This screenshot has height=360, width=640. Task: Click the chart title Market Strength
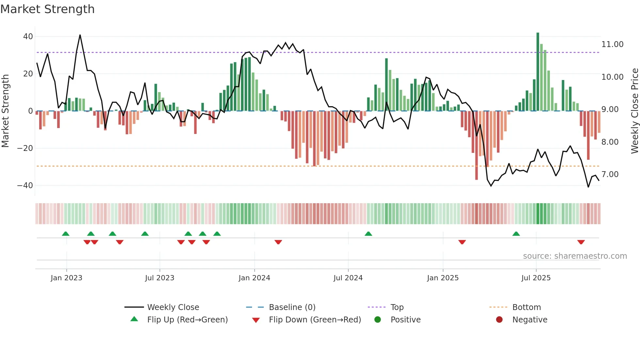point(48,9)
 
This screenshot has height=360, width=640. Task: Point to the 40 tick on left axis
point(28,37)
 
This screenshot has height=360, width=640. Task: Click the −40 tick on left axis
point(25,186)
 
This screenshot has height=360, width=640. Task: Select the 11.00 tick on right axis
point(612,44)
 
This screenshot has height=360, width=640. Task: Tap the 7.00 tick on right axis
point(610,174)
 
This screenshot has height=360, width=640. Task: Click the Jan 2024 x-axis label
point(254,278)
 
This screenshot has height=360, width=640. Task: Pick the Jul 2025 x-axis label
point(536,278)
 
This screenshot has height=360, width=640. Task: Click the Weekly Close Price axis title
point(634,111)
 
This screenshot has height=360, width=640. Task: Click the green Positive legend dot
point(378,320)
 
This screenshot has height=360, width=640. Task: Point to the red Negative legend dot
point(499,320)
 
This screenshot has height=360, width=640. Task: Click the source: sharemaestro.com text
point(575,256)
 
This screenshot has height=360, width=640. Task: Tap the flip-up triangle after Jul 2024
point(368,234)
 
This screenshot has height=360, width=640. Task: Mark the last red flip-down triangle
point(581,242)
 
